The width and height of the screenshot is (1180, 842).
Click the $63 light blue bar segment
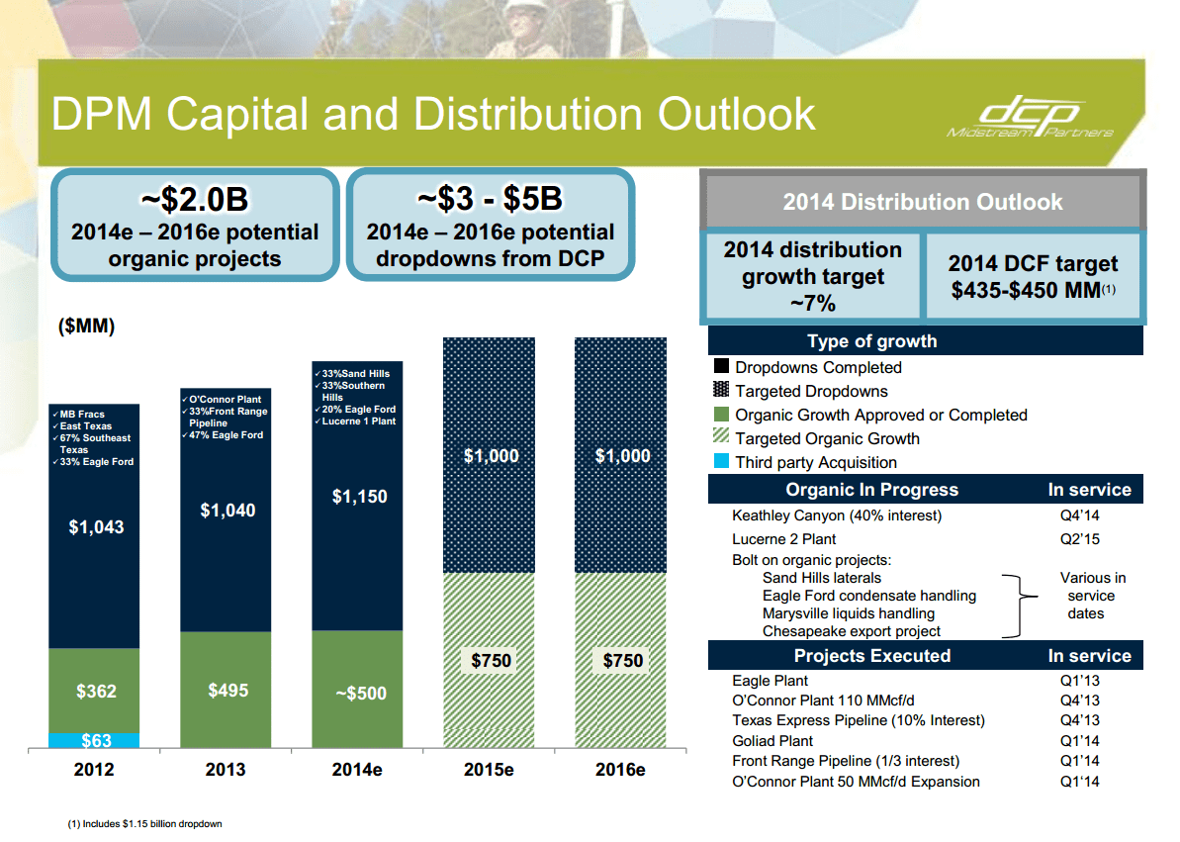coord(95,739)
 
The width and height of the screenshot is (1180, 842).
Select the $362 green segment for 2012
coord(95,691)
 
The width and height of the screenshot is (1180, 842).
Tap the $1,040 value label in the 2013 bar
coord(227,511)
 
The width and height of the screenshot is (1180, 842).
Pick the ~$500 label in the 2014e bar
coord(358,694)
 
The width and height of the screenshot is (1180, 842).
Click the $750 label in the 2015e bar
coord(491,661)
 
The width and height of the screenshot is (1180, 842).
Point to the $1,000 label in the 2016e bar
coord(622,456)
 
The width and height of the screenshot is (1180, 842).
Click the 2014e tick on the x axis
coord(357,770)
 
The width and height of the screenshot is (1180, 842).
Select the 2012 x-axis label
coord(95,770)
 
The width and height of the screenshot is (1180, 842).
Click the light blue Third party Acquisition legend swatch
coord(721,462)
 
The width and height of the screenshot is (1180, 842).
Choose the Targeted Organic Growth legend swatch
coord(721,438)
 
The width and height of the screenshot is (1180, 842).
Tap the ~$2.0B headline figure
coord(194,200)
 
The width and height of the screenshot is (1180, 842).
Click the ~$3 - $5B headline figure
coord(490,199)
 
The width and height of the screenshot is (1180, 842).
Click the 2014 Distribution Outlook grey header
coord(922,202)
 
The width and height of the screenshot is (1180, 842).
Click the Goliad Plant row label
coord(772,741)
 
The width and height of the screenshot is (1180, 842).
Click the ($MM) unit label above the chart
coord(88,327)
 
